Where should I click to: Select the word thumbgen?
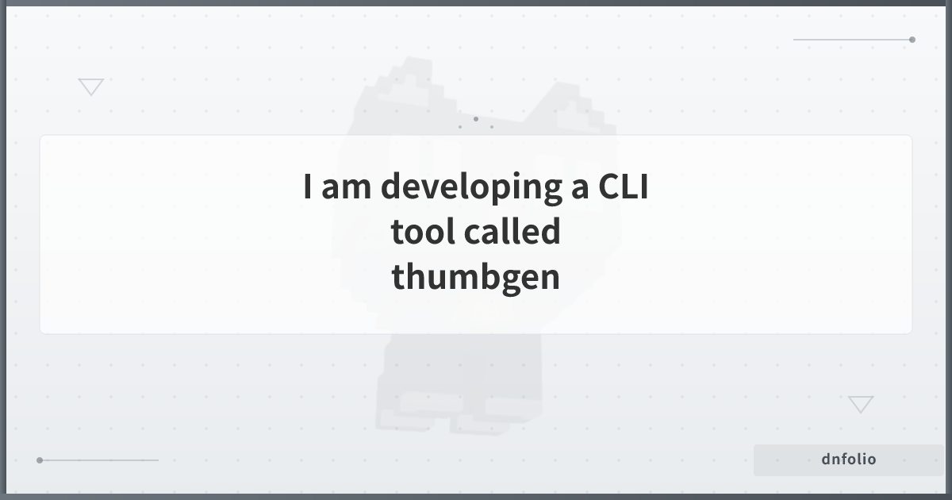[476, 277]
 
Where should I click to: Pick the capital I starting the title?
[307, 187]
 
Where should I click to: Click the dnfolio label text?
[849, 460]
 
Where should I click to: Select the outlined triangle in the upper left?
[91, 87]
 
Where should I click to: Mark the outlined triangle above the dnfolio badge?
[861, 404]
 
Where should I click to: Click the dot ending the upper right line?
[912, 39]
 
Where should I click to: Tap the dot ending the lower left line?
[40, 460]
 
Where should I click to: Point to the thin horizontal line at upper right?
[853, 39]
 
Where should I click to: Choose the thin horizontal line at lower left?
[99, 460]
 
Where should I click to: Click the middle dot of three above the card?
[476, 119]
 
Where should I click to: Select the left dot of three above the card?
[460, 126]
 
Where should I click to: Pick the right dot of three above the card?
[492, 126]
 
